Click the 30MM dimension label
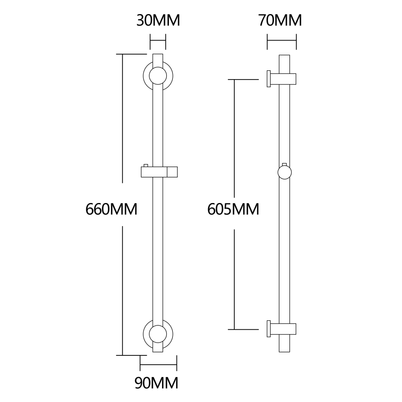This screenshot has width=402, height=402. click(x=158, y=21)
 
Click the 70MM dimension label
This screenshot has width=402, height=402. click(x=280, y=21)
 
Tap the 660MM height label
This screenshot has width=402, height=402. click(x=111, y=209)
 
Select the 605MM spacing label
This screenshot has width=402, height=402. click(x=233, y=209)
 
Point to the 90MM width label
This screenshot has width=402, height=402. click(x=156, y=383)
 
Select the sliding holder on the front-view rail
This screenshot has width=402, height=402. click(x=159, y=172)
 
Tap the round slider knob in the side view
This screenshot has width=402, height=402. click(x=285, y=172)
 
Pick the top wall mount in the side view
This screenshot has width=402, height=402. click(x=282, y=79)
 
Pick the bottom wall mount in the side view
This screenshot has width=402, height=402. click(x=282, y=329)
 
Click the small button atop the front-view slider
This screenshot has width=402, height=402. click(x=146, y=165)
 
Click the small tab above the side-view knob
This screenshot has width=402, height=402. click(x=284, y=164)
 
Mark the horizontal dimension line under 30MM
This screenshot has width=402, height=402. click(x=158, y=40)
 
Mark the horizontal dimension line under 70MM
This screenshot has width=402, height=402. click(x=282, y=40)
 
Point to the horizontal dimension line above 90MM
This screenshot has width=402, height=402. click(x=158, y=364)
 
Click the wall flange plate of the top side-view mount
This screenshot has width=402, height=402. click(x=269, y=79)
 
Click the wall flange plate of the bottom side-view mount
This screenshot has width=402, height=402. click(x=269, y=329)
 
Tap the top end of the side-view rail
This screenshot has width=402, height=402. click(x=284, y=55)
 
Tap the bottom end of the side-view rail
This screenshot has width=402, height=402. click(x=284, y=352)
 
